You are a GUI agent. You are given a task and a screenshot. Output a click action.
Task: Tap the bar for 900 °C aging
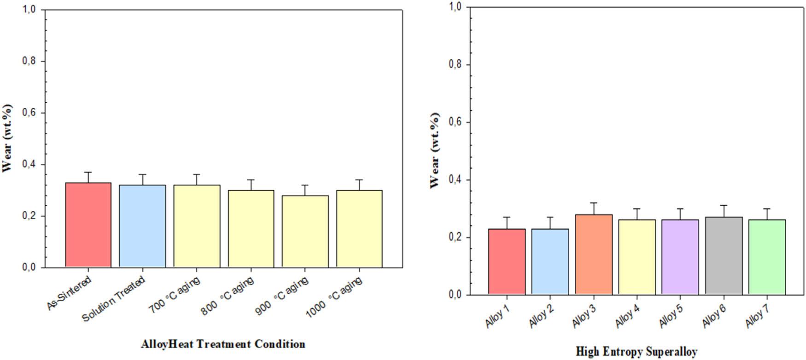coord(305,231)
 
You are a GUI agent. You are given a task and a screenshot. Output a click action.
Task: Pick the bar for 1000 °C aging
coord(359,228)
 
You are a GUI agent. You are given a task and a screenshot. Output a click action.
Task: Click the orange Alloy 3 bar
coord(593,254)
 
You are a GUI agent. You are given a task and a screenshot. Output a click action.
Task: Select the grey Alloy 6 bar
coord(724,255)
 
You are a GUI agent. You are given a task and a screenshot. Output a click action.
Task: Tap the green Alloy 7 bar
coord(767,257)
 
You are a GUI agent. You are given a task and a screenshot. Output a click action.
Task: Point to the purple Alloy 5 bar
coord(680,257)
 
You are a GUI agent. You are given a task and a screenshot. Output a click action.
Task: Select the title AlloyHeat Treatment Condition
coord(223,344)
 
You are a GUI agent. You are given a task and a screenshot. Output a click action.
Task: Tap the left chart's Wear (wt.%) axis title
coord(7,138)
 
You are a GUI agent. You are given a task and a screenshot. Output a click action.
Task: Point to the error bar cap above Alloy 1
coord(507,217)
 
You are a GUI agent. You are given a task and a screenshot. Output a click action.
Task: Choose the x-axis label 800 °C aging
coord(228,297)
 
